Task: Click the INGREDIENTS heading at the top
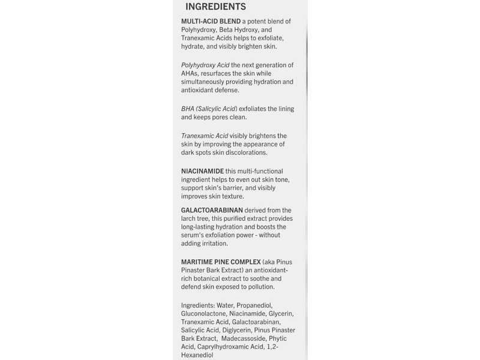click(215, 7)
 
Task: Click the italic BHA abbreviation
click(188, 109)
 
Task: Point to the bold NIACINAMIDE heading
click(202, 171)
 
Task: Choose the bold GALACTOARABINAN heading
click(212, 210)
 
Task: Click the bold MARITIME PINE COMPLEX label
click(221, 262)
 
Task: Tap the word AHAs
click(191, 73)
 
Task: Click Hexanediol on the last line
click(197, 356)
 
